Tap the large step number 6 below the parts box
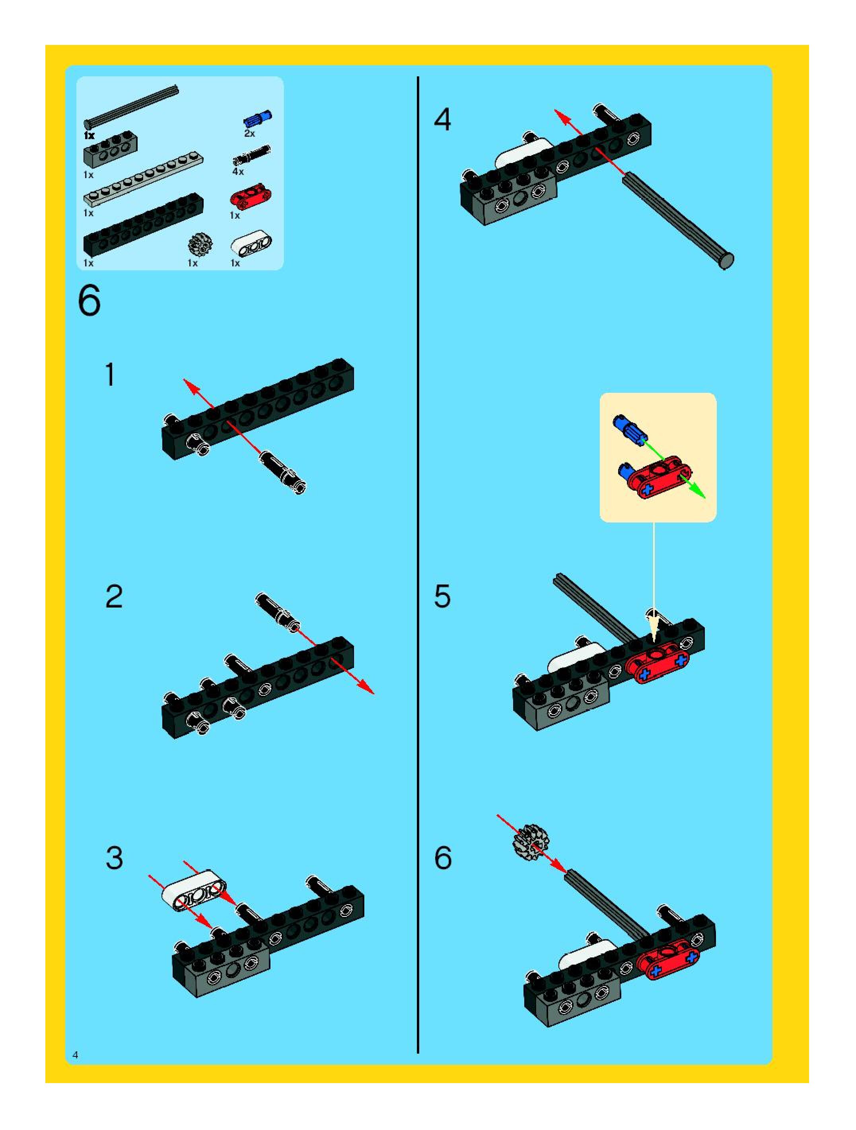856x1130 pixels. point(89,301)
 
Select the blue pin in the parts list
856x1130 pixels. point(258,119)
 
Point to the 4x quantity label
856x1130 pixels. point(238,172)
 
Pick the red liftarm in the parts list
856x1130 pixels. point(251,196)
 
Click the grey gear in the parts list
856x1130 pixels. point(200,245)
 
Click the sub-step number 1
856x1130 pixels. point(110,375)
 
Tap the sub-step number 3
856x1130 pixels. point(115,858)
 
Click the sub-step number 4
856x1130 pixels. point(443,120)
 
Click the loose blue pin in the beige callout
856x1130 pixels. point(630,429)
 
